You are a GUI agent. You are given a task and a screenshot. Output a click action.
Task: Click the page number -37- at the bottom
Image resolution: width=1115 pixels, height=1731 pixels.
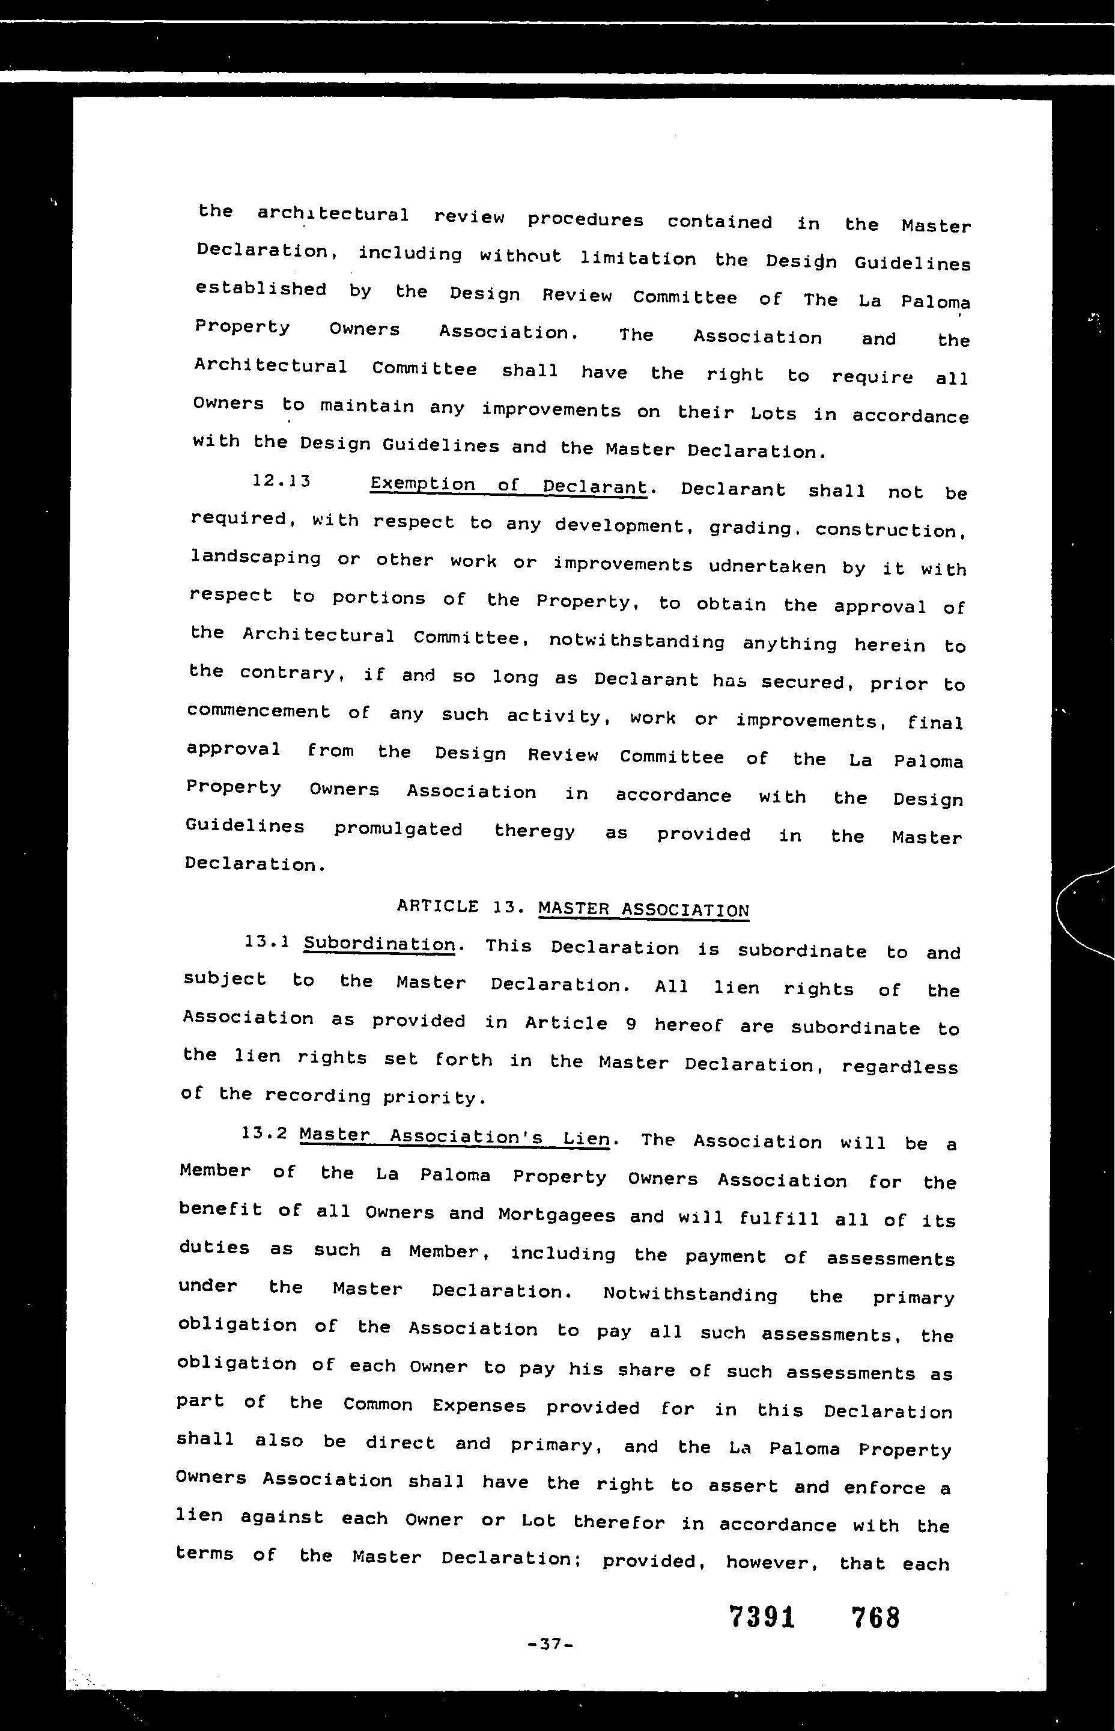pyautogui.click(x=551, y=1643)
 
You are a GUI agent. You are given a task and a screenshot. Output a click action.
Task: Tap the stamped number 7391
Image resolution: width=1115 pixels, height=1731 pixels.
pyautogui.click(x=762, y=1617)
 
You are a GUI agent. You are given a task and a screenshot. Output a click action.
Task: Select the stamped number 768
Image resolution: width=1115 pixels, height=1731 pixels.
pyautogui.click(x=875, y=1617)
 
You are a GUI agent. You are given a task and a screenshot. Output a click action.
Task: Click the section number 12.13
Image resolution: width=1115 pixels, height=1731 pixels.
pyautogui.click(x=281, y=481)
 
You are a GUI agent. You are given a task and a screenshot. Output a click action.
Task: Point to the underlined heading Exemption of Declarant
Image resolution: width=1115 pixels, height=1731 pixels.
pyautogui.click(x=508, y=486)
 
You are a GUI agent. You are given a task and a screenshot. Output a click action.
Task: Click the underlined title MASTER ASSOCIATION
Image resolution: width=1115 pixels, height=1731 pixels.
pyautogui.click(x=643, y=910)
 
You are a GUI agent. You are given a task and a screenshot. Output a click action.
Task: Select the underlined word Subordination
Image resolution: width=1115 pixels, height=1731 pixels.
pyautogui.click(x=380, y=944)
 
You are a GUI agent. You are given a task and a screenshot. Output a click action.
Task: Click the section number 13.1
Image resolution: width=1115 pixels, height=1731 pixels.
pyautogui.click(x=267, y=942)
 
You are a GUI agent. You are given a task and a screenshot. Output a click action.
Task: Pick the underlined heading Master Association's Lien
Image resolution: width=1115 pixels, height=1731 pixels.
pyautogui.click(x=454, y=1137)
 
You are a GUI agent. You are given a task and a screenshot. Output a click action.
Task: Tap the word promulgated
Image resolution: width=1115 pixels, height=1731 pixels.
pyautogui.click(x=398, y=829)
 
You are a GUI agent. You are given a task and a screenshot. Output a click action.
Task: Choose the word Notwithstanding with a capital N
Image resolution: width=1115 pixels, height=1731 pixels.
pyautogui.click(x=690, y=1294)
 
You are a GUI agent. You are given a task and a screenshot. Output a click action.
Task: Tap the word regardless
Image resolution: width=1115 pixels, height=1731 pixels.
pyautogui.click(x=899, y=1067)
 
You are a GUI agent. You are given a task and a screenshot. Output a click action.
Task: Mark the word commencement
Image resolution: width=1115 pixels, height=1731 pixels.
pyautogui.click(x=258, y=712)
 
